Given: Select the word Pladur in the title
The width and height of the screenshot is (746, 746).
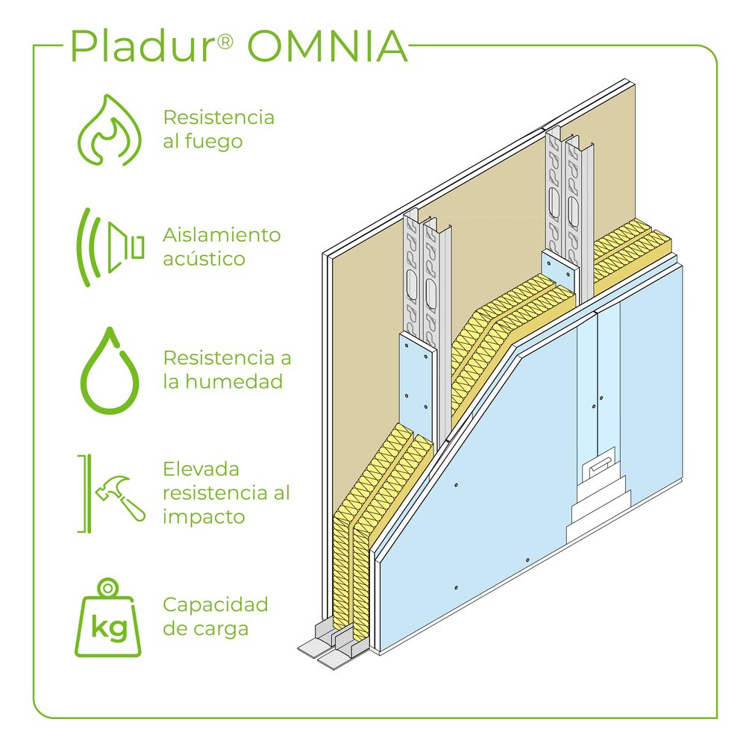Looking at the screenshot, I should point(142,48).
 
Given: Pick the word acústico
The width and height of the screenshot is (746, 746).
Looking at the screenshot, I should point(204,259).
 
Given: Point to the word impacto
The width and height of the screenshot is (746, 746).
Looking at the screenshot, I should point(204,517).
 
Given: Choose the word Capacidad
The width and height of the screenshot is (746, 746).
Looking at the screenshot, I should point(215,604).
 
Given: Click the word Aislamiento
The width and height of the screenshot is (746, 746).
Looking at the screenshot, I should point(222,235).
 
